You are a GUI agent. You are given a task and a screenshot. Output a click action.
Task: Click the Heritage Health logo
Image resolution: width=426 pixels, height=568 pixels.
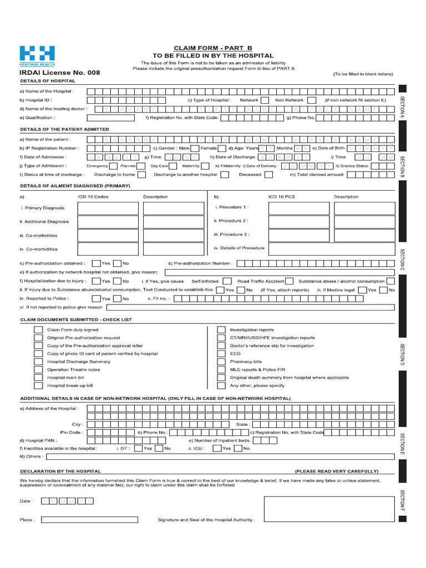tap(37, 55)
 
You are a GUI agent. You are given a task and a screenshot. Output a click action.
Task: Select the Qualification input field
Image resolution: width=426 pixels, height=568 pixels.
tap(114, 118)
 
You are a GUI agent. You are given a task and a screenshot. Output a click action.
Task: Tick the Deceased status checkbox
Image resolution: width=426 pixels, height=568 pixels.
tap(268, 174)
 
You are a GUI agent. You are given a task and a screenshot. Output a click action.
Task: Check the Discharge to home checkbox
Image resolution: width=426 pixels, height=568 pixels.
tap(142, 174)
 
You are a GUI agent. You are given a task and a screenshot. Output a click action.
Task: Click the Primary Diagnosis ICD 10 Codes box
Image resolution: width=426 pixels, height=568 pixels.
tap(108, 208)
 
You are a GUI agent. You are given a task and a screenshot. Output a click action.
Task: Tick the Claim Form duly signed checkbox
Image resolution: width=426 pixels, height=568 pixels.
tap(38, 329)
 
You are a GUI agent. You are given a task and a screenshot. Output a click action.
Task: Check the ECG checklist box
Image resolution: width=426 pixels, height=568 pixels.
tap(221, 353)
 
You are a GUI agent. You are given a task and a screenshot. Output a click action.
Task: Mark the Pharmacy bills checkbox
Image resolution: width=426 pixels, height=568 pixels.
tap(221, 361)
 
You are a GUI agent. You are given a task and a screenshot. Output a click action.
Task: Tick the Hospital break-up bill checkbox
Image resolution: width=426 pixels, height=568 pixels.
tap(38, 385)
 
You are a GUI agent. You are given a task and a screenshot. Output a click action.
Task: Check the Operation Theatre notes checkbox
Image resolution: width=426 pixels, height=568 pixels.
tap(38, 369)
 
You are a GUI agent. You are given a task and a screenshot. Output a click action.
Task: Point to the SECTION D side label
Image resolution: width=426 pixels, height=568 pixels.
tap(402, 354)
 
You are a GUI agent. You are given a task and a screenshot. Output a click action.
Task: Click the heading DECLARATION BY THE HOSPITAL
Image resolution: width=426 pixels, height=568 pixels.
tap(60, 471)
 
